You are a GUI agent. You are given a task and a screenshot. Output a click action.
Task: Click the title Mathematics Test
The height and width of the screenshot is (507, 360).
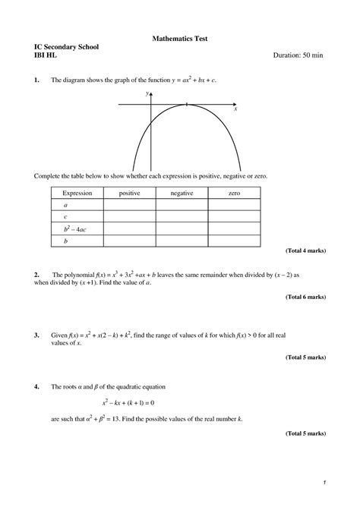pyautogui.click(x=180, y=37)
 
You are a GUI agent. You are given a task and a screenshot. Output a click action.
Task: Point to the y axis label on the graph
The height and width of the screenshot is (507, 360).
pyautogui.click(x=147, y=93)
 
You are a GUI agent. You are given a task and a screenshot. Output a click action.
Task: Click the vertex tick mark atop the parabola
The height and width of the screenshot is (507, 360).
pyautogui.click(x=186, y=103)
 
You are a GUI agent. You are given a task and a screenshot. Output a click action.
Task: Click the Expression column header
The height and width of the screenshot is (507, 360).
pyautogui.click(x=77, y=194)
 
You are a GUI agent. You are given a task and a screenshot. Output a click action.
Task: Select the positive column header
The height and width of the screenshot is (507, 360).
pyautogui.click(x=129, y=194)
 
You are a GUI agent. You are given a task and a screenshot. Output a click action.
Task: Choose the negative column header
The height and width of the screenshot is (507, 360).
pyautogui.click(x=182, y=194)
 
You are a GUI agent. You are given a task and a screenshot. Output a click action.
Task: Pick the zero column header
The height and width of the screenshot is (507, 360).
pyautogui.click(x=234, y=194)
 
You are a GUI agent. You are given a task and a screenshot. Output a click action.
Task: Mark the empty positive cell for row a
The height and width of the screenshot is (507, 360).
pyautogui.click(x=129, y=205)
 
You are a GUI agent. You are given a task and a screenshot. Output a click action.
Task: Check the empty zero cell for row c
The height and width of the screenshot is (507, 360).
pyautogui.click(x=234, y=216)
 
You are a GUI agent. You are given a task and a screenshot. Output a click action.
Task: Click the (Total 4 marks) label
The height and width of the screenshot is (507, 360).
pyautogui.click(x=305, y=250)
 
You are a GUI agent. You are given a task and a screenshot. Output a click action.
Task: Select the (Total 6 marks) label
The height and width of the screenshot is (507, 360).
pyautogui.click(x=305, y=298)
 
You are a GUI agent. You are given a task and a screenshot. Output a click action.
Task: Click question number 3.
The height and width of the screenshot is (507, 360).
pyautogui.click(x=36, y=333)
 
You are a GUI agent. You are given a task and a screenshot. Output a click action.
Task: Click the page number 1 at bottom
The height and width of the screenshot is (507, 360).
pyautogui.click(x=324, y=483)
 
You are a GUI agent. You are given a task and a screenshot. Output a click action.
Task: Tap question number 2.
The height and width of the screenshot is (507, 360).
pyautogui.click(x=36, y=274)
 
